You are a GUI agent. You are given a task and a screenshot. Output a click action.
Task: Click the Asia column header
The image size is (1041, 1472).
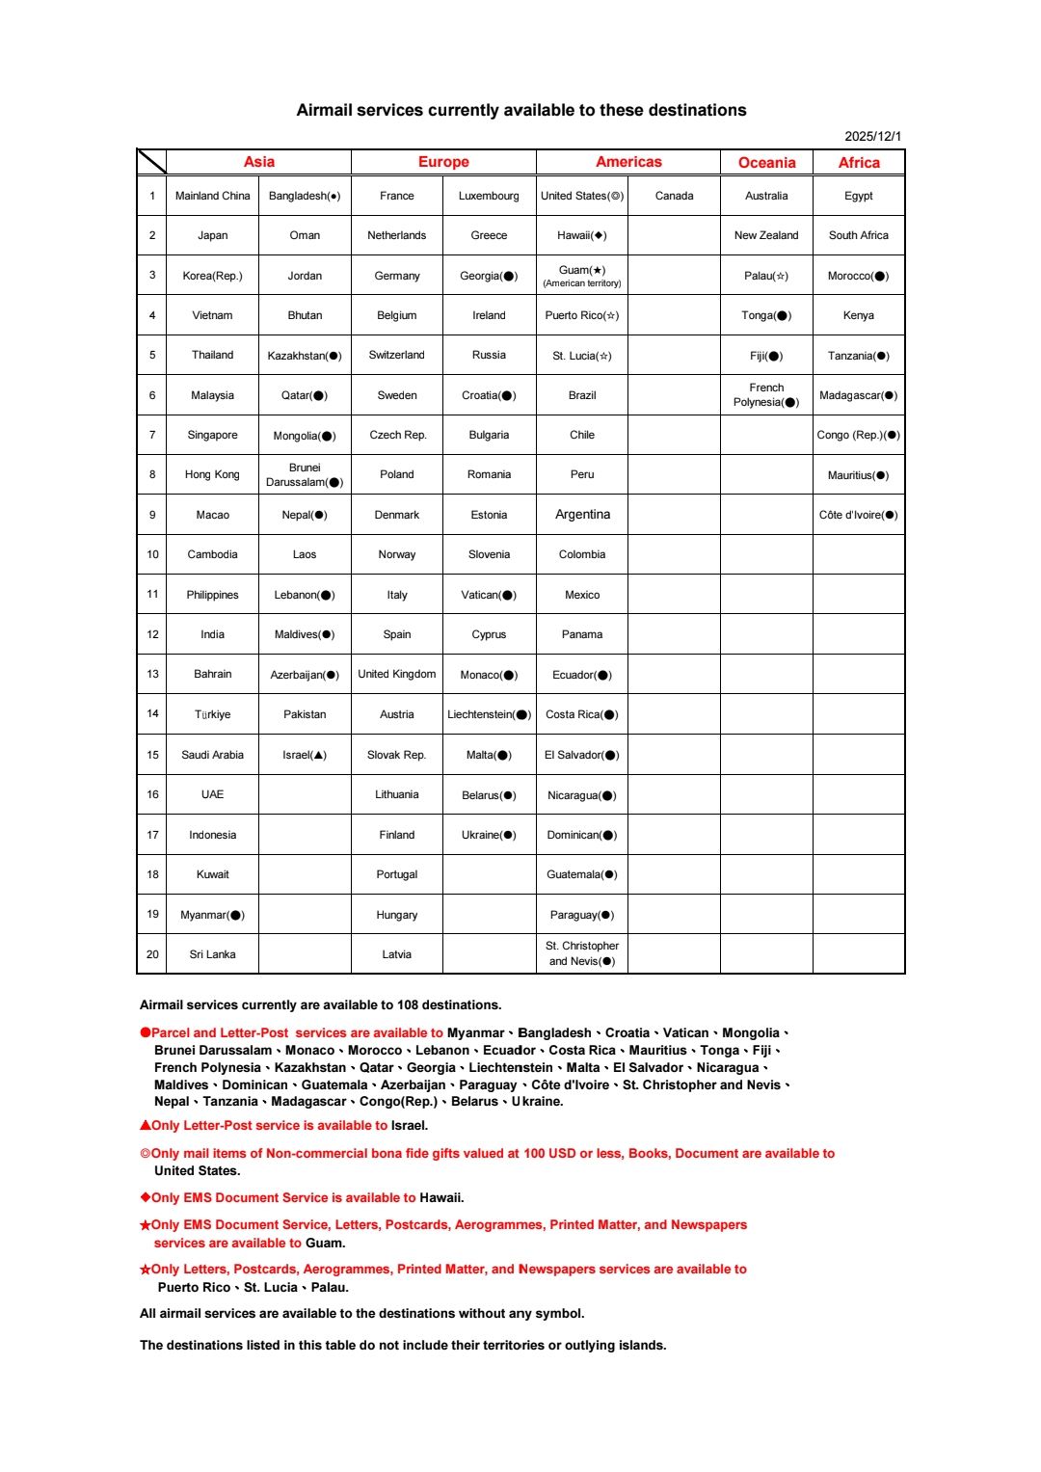click(x=258, y=162)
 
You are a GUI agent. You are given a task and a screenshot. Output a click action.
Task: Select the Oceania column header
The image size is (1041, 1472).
click(x=766, y=163)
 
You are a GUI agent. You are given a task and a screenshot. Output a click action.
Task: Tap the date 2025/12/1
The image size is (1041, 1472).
click(x=872, y=136)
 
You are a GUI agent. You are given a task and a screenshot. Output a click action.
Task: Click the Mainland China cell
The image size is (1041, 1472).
click(x=212, y=196)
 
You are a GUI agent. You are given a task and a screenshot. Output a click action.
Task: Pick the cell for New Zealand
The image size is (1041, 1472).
click(x=766, y=235)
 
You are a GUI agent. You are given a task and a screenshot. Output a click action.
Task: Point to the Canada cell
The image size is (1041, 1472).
click(x=674, y=196)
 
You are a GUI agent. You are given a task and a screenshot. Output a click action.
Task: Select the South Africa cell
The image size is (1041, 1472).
click(x=858, y=235)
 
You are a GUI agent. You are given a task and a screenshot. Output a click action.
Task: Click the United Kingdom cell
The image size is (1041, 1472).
click(x=396, y=674)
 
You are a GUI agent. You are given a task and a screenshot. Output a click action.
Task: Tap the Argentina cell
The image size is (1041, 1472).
click(x=582, y=515)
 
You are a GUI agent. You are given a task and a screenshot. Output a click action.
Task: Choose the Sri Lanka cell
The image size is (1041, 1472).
click(x=212, y=954)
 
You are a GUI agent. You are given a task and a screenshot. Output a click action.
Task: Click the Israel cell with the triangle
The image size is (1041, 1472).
click(x=305, y=755)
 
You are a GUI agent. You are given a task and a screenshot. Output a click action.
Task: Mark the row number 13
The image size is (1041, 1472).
click(x=152, y=674)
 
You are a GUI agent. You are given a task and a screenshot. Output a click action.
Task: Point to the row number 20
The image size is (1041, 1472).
click(x=152, y=954)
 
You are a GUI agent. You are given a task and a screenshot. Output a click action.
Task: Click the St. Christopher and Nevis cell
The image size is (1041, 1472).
click(x=582, y=953)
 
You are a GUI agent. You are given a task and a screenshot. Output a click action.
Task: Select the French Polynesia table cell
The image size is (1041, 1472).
click(x=766, y=395)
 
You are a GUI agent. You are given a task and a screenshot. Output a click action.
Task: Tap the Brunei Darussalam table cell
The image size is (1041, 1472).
click(x=305, y=474)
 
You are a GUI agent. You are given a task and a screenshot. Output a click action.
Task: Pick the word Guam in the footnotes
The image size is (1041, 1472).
click(x=324, y=1243)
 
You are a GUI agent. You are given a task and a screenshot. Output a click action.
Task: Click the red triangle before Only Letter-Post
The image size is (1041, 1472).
click(x=146, y=1125)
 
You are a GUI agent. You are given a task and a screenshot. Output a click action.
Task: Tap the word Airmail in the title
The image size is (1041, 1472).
click(x=325, y=110)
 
